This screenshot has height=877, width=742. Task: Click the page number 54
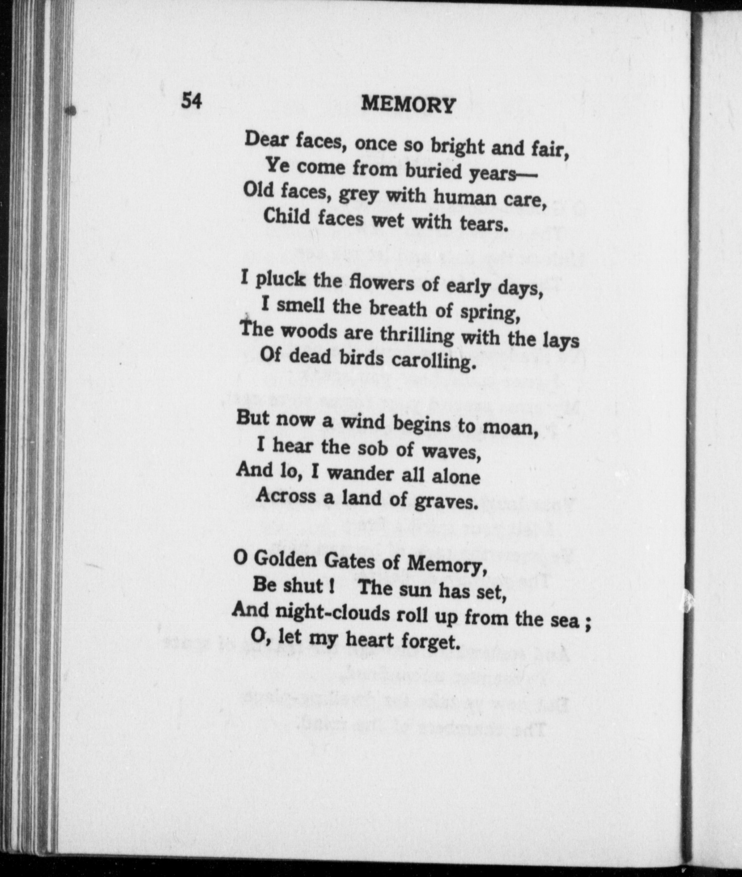pyautogui.click(x=191, y=101)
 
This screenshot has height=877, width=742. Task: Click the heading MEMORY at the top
pyautogui.click(x=408, y=105)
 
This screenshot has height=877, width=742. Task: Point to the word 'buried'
pyautogui.click(x=433, y=171)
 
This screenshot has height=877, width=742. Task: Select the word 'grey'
pyautogui.click(x=358, y=195)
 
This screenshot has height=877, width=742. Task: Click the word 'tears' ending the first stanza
pyautogui.click(x=483, y=224)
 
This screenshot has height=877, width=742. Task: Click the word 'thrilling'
pyautogui.click(x=417, y=335)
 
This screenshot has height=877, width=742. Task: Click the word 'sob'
pyautogui.click(x=372, y=448)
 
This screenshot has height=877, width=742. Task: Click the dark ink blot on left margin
pyautogui.click(x=70, y=111)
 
